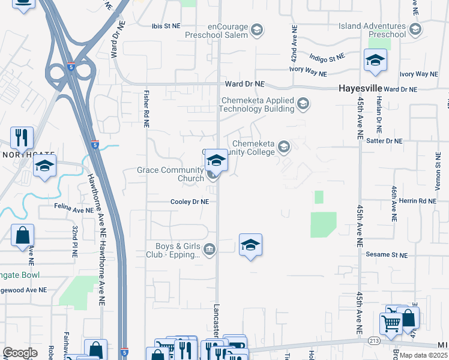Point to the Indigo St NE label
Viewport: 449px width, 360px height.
(x=327, y=58)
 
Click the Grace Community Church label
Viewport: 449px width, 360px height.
(x=171, y=174)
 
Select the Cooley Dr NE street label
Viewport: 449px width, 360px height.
(x=190, y=202)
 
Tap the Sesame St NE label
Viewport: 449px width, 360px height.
(x=387, y=255)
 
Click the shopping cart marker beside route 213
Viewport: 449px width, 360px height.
(x=391, y=323)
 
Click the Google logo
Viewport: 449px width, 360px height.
(x=20, y=353)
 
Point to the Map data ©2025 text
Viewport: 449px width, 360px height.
(x=424, y=355)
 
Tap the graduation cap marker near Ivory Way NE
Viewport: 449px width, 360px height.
(x=376, y=61)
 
